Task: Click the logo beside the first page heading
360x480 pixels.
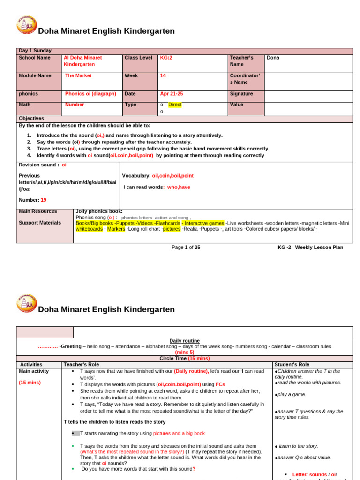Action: pyautogui.click(x=27, y=24)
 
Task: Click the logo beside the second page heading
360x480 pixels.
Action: pyautogui.click(x=27, y=303)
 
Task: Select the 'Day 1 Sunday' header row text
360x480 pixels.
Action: pyautogui.click(x=35, y=51)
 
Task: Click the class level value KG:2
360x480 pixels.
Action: pyautogui.click(x=166, y=58)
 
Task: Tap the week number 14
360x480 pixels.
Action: pyautogui.click(x=163, y=75)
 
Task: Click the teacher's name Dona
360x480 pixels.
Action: pyautogui.click(x=273, y=58)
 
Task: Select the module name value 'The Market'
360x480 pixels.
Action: pyautogui.click(x=78, y=75)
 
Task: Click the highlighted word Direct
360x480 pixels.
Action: pyautogui.click(x=175, y=105)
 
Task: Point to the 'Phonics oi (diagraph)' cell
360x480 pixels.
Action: pyautogui.click(x=90, y=94)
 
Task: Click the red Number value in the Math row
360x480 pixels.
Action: pyautogui.click(x=75, y=105)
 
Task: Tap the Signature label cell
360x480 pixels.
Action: pyautogui.click(x=241, y=94)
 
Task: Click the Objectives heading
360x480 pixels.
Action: pyautogui.click(x=32, y=119)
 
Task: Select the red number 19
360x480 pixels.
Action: pyautogui.click(x=44, y=200)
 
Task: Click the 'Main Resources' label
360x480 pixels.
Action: pyautogui.click(x=38, y=211)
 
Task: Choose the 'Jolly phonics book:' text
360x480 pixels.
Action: pyautogui.click(x=99, y=211)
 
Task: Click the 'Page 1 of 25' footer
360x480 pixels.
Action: pyautogui.click(x=186, y=247)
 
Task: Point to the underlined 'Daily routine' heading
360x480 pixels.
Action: pyautogui.click(x=185, y=341)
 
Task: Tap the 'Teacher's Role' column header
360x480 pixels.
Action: pyautogui.click(x=81, y=364)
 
